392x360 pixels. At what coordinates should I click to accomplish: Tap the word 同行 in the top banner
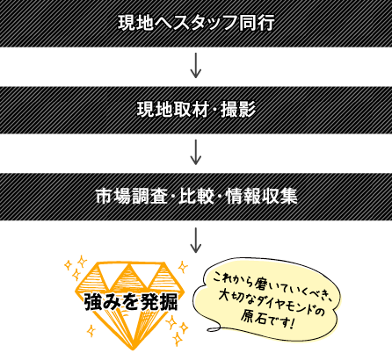(x=257, y=23)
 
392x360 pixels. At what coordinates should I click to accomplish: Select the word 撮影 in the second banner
(x=238, y=110)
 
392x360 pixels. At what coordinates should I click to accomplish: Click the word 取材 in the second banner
(x=191, y=110)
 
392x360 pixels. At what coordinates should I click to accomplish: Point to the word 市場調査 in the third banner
(x=132, y=196)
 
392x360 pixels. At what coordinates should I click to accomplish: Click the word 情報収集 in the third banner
(x=261, y=196)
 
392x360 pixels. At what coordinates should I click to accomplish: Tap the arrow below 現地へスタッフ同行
(x=196, y=65)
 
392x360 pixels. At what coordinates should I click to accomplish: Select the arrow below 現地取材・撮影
(x=196, y=152)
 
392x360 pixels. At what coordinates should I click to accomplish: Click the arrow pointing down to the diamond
(x=196, y=240)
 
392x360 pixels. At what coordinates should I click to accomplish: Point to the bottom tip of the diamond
(x=133, y=349)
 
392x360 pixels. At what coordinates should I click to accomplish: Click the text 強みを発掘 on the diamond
(x=131, y=301)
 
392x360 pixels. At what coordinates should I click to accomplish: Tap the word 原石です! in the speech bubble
(x=267, y=319)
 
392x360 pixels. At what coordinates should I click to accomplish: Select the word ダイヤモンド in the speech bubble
(x=287, y=303)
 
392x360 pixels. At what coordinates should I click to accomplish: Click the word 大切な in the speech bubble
(x=236, y=296)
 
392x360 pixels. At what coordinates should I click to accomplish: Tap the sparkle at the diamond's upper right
(x=183, y=267)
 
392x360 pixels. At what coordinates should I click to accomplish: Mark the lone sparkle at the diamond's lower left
(x=91, y=331)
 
